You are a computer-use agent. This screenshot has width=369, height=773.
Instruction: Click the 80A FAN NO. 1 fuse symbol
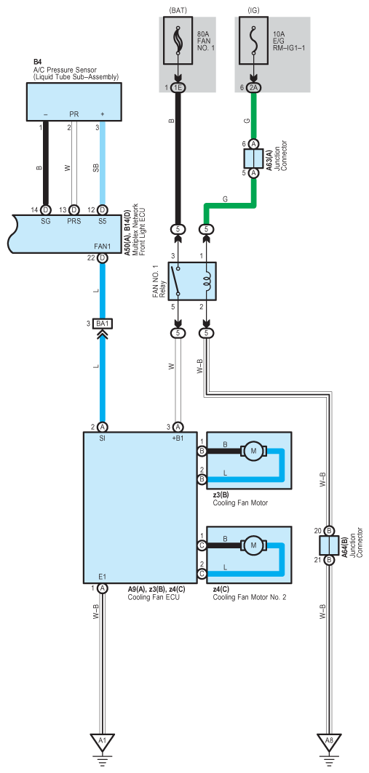click(x=178, y=40)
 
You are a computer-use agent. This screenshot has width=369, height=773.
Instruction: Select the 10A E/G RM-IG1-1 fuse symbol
click(x=253, y=40)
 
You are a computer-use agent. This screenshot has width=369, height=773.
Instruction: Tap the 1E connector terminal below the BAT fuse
click(x=178, y=87)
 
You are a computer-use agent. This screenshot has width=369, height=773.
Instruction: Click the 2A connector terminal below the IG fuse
click(x=253, y=87)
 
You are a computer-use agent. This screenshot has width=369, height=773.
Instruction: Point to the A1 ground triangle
click(x=102, y=742)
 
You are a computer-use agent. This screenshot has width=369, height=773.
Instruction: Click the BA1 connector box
click(x=103, y=324)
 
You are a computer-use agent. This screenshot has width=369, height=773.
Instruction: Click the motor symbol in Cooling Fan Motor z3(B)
click(x=253, y=451)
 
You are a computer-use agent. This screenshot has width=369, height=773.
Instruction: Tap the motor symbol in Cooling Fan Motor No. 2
click(x=253, y=545)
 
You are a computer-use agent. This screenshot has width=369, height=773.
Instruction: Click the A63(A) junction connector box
click(x=253, y=159)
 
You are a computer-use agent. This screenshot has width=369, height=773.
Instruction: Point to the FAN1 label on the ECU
click(x=102, y=247)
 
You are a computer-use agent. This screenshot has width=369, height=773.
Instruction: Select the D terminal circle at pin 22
click(x=102, y=258)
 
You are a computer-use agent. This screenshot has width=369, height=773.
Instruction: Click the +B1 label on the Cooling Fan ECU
click(x=178, y=437)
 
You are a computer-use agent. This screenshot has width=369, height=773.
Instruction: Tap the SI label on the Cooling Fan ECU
click(x=102, y=437)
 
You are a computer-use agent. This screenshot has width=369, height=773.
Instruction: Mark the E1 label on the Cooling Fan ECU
click(x=102, y=576)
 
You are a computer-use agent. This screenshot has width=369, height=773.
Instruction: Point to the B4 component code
click(x=38, y=62)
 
